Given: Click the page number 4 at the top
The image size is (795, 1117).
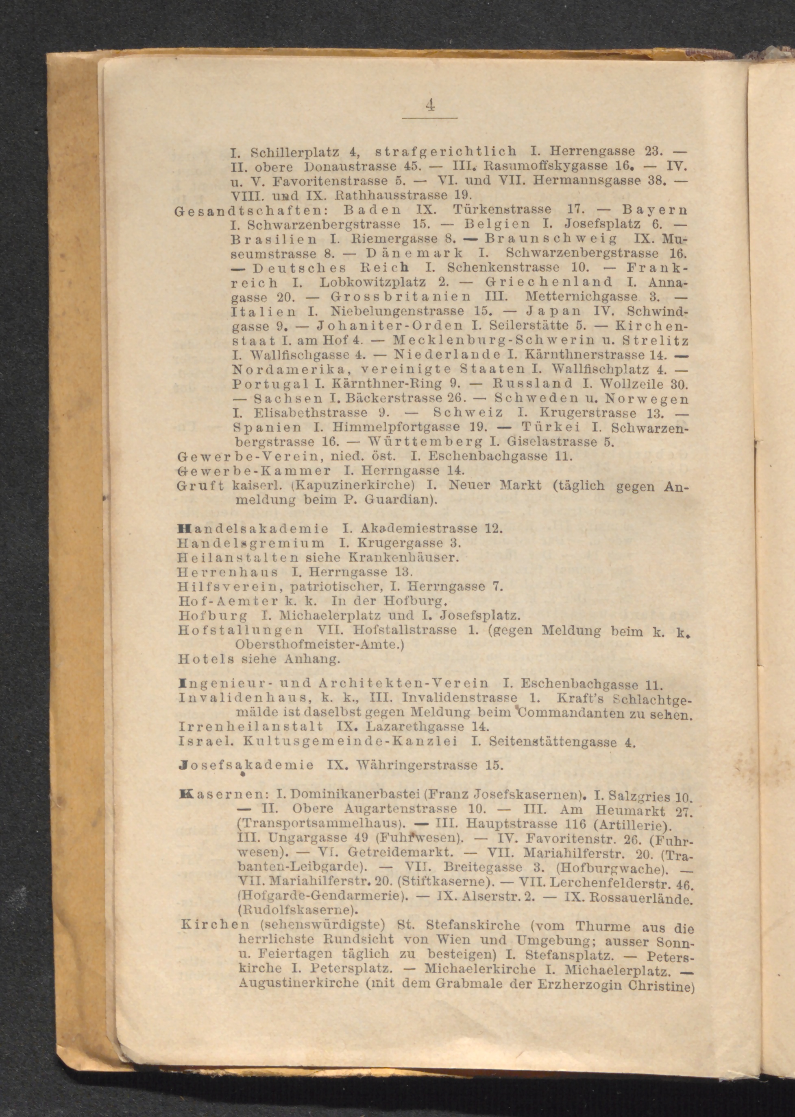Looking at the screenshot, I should (430, 105).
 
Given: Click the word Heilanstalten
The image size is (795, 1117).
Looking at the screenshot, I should (238, 557).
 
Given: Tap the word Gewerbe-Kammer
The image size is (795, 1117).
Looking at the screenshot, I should (254, 471).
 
